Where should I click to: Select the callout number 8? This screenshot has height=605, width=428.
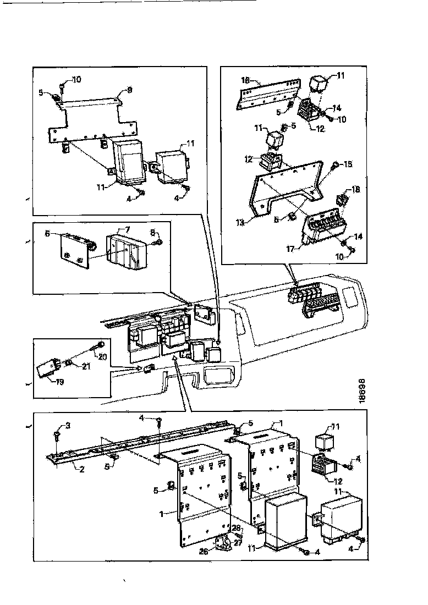click(x=152, y=232)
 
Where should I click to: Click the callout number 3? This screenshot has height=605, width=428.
click(x=68, y=425)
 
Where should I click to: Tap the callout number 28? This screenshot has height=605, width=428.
click(x=237, y=529)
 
